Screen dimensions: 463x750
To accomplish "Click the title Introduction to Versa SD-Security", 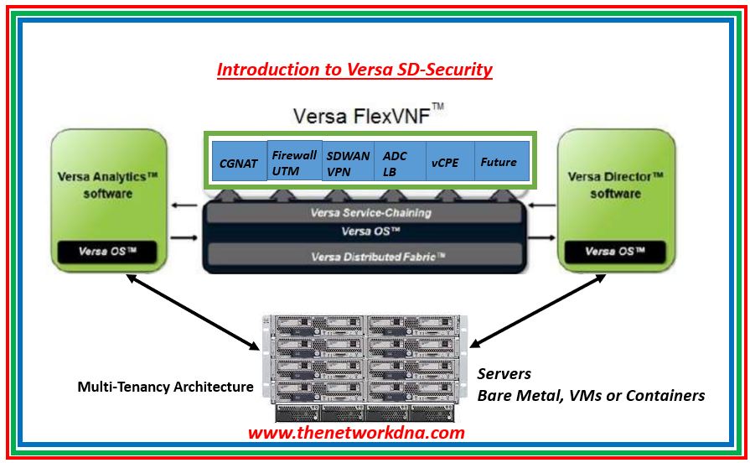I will pyautogui.click(x=354, y=70).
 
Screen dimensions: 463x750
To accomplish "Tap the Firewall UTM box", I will pyautogui.click(x=294, y=162).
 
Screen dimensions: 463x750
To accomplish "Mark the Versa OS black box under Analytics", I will pyautogui.click(x=107, y=251).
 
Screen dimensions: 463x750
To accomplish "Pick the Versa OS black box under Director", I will pyautogui.click(x=615, y=251).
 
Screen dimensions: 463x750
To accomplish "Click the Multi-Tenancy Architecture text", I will pyautogui.click(x=165, y=387).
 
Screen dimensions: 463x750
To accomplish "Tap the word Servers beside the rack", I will pyautogui.click(x=504, y=374).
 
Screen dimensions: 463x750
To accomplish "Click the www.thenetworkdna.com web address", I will pyautogui.click(x=355, y=433).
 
